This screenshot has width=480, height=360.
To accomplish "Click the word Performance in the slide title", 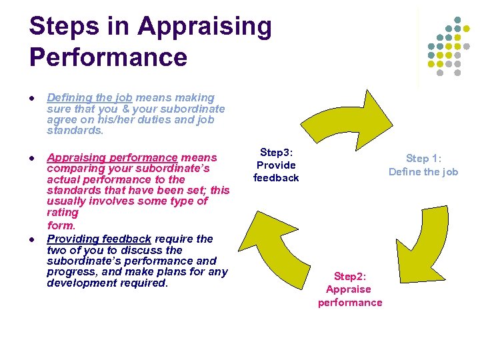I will [x=108, y=57].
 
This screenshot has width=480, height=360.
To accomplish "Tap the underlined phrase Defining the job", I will [x=89, y=98].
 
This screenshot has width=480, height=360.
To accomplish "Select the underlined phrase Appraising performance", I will [x=112, y=158].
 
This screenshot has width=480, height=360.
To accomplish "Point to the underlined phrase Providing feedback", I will [x=99, y=239].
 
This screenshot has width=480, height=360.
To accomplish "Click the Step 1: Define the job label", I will [x=423, y=165].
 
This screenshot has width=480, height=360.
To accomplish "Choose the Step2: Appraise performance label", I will [x=350, y=289].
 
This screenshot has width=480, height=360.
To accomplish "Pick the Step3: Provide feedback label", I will [x=276, y=165].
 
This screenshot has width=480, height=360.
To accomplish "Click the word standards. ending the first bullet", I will [x=75, y=131].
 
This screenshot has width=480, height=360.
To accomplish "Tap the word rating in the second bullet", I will [x=63, y=212].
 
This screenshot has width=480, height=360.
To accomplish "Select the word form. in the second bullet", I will [x=61, y=225].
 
